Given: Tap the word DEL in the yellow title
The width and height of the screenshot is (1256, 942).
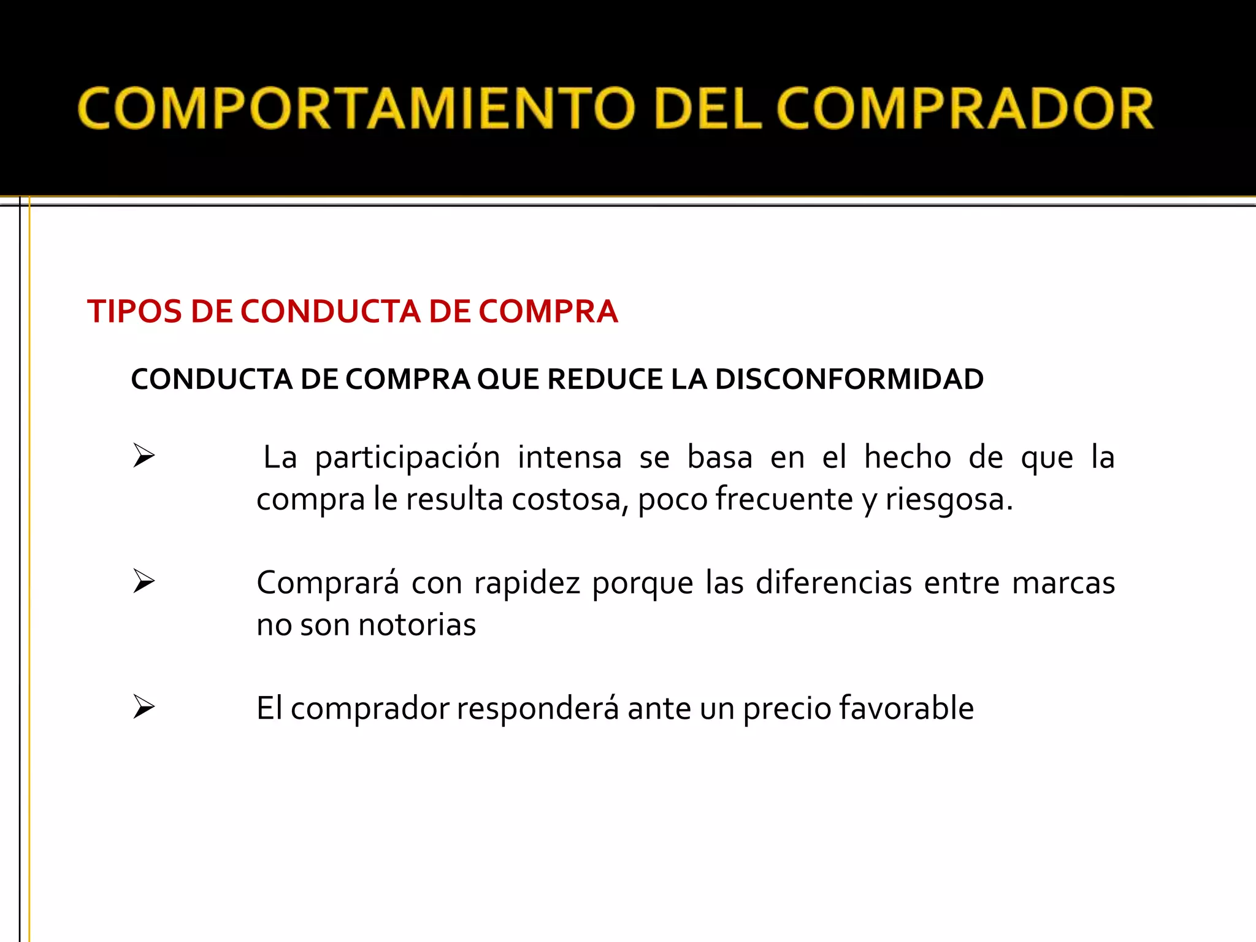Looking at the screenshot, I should tap(708, 109).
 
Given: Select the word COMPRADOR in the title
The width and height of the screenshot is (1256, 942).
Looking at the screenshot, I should tap(965, 109).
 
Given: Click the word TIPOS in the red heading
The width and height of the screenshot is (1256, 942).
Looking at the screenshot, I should tap(135, 311).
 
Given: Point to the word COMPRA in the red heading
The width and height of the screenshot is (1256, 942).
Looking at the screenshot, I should tap(548, 311).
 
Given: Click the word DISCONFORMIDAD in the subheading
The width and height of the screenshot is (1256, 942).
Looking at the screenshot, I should tap(849, 379).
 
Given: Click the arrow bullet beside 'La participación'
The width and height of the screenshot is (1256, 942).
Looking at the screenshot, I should tap(144, 456).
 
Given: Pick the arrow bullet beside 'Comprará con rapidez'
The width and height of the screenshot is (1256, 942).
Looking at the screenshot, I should tap(144, 581).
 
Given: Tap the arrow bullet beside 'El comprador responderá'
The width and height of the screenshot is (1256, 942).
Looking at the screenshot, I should tap(144, 706).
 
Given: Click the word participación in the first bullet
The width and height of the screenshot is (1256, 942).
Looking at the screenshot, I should tap(407, 458).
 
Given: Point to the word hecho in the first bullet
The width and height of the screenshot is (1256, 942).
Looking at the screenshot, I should tap(908, 457).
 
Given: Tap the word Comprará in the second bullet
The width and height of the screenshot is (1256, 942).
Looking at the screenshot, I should tap(327, 583).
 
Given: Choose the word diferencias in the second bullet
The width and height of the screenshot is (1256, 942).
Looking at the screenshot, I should tap(833, 582).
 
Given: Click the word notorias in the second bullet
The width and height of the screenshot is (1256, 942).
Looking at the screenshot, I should tap(417, 625).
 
